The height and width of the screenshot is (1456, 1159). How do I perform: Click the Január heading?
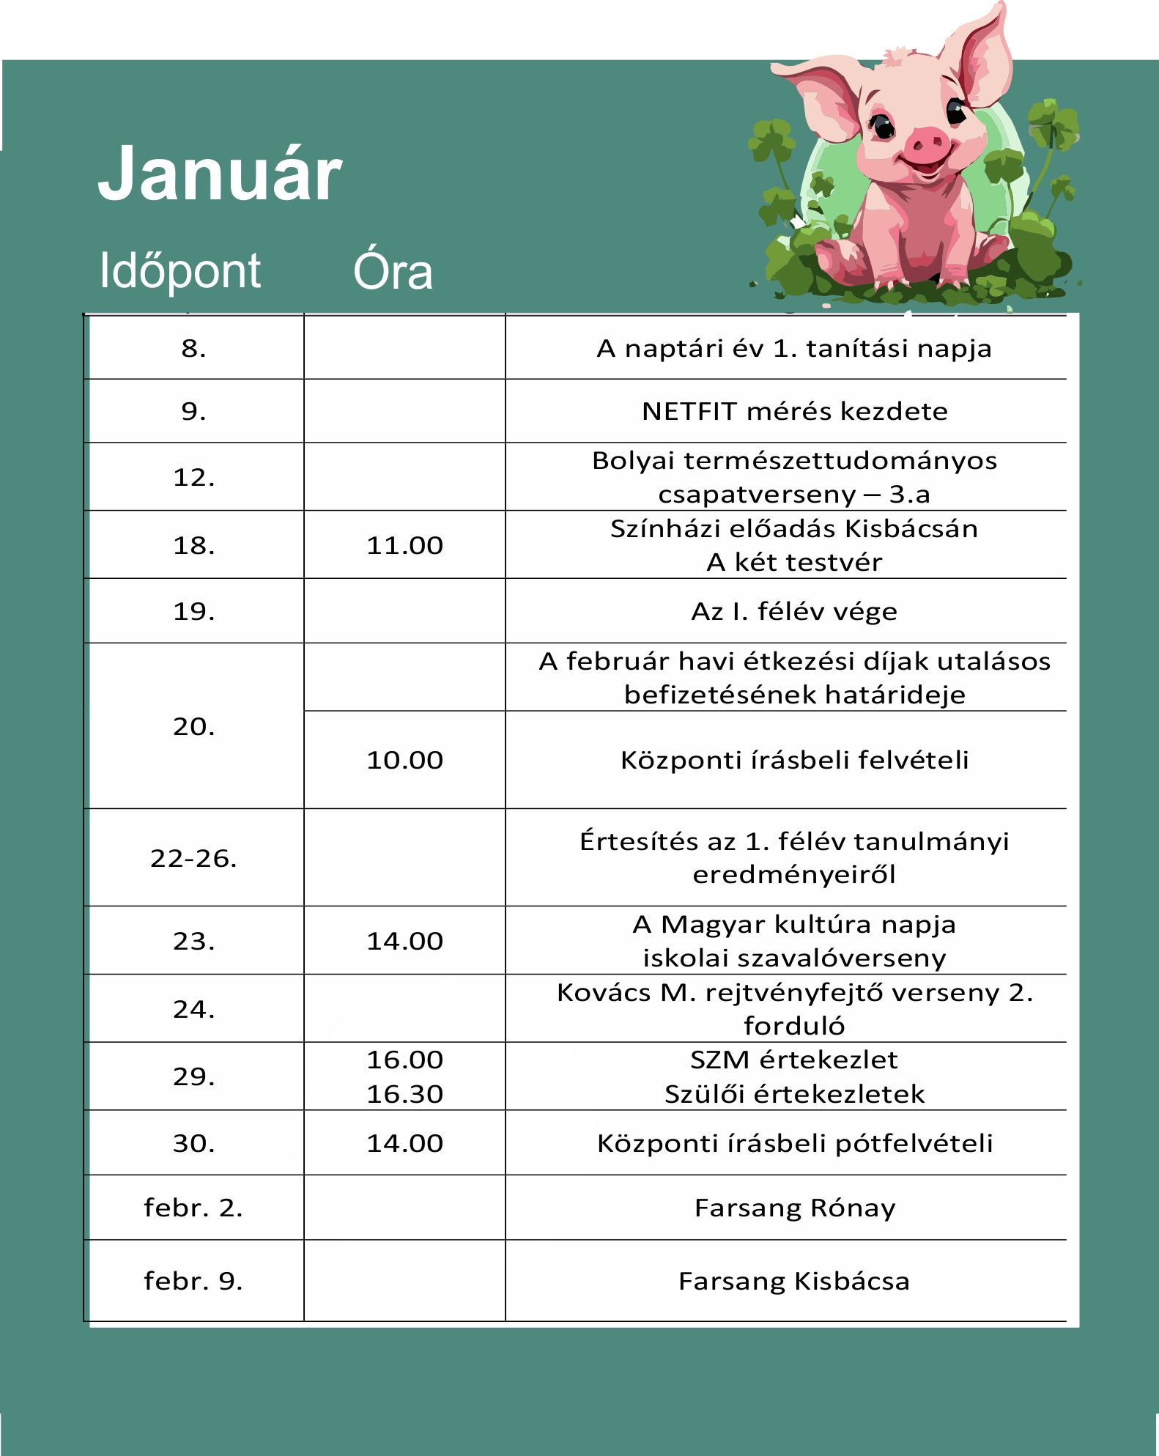[219, 174]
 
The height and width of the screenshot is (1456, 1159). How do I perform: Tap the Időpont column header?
[179, 270]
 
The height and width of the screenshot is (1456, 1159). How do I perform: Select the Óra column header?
[393, 271]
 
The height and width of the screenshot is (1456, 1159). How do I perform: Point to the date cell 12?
[194, 478]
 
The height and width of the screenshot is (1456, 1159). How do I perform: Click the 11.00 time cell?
[404, 545]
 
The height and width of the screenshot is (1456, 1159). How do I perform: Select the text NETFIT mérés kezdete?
[794, 411]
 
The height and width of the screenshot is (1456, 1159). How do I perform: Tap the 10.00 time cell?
[404, 760]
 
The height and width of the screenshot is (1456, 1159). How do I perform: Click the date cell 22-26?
[194, 858]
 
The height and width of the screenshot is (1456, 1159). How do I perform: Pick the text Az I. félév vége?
[794, 611]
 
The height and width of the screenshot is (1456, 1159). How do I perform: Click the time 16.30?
[404, 1094]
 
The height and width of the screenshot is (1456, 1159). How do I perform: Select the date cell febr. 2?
[194, 1208]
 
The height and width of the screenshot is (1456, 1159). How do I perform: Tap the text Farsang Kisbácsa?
[794, 1281]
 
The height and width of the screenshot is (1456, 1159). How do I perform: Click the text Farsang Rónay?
[794, 1208]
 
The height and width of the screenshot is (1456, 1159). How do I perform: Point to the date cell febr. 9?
[194, 1281]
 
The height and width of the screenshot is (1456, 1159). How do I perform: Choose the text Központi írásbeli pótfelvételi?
[794, 1143]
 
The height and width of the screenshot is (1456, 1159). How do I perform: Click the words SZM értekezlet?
[794, 1060]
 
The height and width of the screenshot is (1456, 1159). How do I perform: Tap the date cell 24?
[194, 1009]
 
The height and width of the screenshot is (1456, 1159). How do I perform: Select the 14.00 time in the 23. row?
[404, 941]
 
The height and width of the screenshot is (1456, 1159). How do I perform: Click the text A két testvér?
[794, 562]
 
